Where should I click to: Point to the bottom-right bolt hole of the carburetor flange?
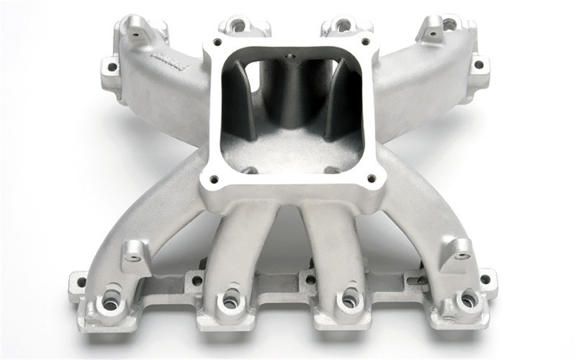(372, 177)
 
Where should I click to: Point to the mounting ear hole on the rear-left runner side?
(112, 68)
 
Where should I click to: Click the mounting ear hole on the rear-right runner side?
(477, 65)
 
